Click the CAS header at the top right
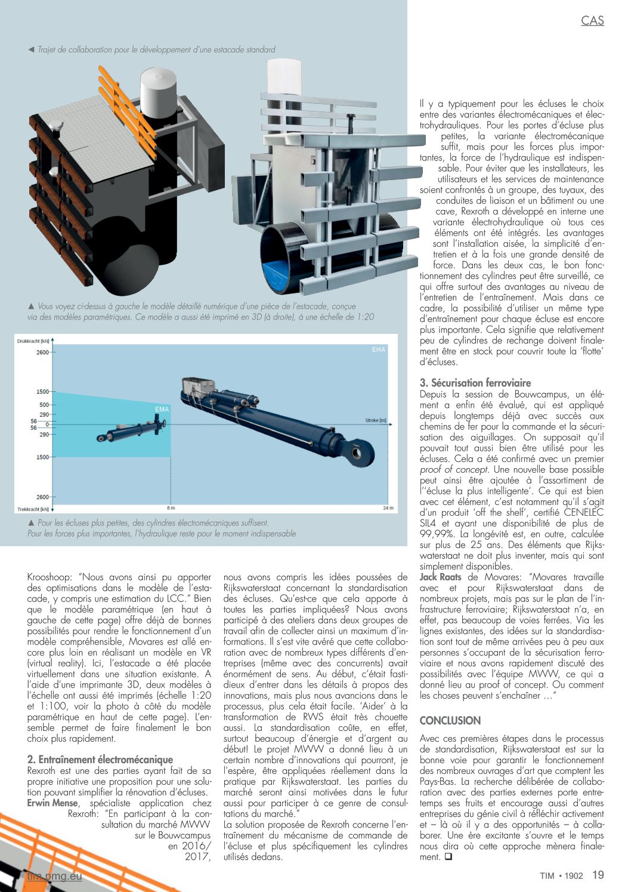click(x=592, y=21)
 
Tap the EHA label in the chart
click(x=379, y=349)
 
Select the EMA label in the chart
click(x=162, y=409)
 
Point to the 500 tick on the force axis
click(x=44, y=405)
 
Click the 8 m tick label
click(x=171, y=508)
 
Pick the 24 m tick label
click(x=388, y=508)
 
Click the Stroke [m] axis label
click(x=375, y=420)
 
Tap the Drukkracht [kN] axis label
click(x=33, y=341)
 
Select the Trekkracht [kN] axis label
click(x=33, y=509)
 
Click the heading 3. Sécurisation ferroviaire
click(x=475, y=383)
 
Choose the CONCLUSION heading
click(x=450, y=720)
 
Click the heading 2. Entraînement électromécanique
click(x=100, y=760)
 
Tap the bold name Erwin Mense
click(x=52, y=803)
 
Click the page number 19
click(x=598, y=875)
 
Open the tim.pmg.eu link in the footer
click(x=54, y=876)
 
